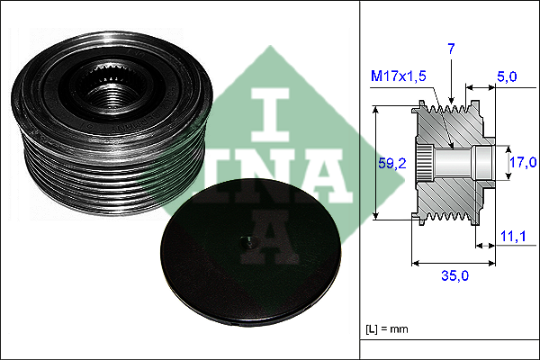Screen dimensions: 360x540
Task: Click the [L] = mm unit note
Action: coord(387,328)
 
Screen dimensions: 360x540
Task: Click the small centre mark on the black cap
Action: coord(245,241)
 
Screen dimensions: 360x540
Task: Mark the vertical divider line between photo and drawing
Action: coord(360,180)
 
